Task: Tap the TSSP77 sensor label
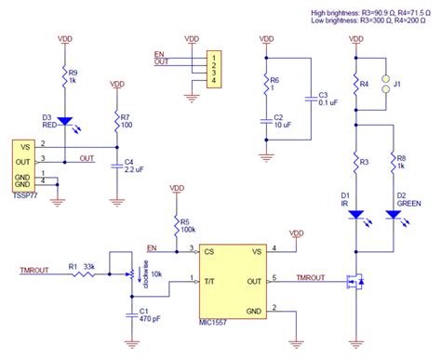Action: click(25, 197)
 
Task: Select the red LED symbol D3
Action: click(64, 120)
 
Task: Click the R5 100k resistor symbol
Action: click(177, 225)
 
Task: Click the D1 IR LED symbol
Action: click(356, 214)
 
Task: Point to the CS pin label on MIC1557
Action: click(210, 250)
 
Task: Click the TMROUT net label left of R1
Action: click(34, 272)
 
